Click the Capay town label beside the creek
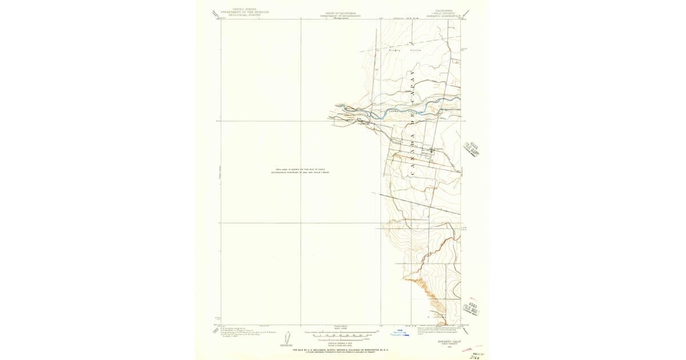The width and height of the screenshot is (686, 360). pyautogui.click(x=362, y=122)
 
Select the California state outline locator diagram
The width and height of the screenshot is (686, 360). pyautogui.click(x=285, y=338)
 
